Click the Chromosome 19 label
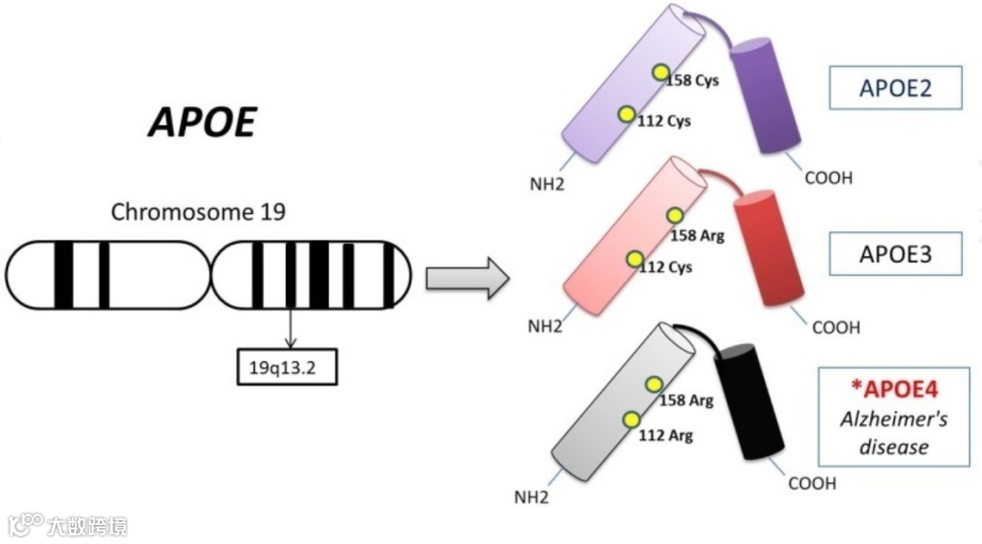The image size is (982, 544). pos(197,213)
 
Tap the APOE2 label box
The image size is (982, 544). pos(896,87)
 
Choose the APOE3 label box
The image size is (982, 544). pos(896,254)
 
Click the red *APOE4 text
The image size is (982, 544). pos(895,390)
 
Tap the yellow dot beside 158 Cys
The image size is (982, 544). pos(661,73)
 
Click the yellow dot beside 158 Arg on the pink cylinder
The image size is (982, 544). pos(675,216)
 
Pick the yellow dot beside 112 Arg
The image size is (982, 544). pos(631,419)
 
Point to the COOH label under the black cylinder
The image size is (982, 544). pos(811,484)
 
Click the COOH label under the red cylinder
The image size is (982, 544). pos(835,327)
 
